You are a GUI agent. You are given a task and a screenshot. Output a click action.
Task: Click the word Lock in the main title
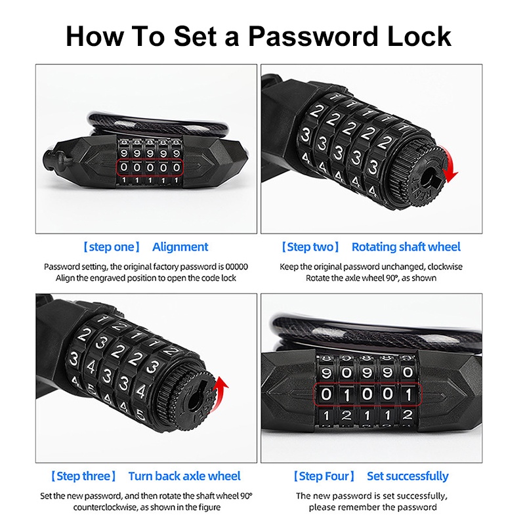pos(419,36)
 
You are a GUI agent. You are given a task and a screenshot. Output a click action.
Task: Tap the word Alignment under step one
pos(180,247)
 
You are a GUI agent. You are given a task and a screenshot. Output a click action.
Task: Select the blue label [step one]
pos(112,247)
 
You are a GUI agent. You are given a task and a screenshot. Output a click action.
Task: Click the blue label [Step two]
pos(310,247)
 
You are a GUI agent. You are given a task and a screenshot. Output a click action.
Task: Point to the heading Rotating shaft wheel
pos(406,247)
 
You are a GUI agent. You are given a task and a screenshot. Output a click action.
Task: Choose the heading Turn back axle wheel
pos(184,476)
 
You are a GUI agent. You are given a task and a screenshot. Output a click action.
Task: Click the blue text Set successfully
pos(408,476)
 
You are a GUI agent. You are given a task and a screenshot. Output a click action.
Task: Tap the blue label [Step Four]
pos(324,476)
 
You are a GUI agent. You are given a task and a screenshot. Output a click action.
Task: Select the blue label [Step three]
pos(83,476)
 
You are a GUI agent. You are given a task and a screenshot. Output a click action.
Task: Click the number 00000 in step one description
pos(236,267)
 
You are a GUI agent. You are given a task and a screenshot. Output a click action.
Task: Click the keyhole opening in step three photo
pos(195,398)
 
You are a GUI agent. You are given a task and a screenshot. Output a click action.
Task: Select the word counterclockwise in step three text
pos(106,507)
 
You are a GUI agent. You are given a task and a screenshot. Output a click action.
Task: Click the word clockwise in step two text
pos(445,267)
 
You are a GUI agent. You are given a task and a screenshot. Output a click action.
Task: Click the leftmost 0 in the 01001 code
pos(325,394)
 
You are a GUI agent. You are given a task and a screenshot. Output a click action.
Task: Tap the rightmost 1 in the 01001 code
pos(408,395)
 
